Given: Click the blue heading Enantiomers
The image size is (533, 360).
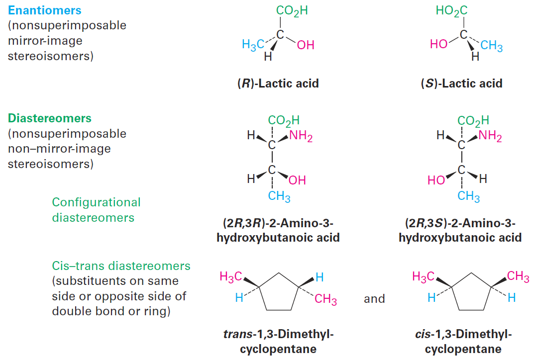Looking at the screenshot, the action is [44, 10].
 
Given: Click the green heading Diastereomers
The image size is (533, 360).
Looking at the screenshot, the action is [50, 118].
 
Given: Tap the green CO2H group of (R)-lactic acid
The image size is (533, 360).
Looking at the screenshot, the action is [292, 11].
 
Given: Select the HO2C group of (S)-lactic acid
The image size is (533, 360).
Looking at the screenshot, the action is [451, 11].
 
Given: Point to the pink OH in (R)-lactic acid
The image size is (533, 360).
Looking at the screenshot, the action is [306, 45].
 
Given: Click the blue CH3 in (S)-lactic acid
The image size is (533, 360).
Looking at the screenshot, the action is [492, 46].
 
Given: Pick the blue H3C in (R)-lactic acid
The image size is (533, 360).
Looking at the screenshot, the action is [253, 44].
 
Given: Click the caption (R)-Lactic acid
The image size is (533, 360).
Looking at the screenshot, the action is [278, 83].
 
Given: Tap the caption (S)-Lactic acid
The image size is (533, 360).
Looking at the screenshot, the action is [462, 83].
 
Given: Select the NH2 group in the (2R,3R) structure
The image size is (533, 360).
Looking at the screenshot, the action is [301, 136].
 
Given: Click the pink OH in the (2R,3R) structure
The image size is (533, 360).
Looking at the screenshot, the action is [297, 180].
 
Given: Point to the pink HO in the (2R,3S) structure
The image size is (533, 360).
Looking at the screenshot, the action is [436, 180].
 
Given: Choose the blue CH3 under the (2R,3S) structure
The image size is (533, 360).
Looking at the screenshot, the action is [468, 196].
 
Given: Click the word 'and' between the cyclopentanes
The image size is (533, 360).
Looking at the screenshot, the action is [374, 299].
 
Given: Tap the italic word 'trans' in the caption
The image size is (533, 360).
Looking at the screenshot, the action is [237, 334].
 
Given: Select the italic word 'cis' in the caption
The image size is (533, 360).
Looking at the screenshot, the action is [423, 334].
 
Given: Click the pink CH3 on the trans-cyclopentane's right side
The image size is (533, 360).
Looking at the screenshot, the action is [325, 299].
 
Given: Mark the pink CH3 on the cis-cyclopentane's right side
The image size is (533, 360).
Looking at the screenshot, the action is [518, 276].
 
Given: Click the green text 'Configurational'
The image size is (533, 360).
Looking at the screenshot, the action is [96, 202].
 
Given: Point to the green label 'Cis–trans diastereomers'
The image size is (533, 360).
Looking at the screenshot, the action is [121, 266].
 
